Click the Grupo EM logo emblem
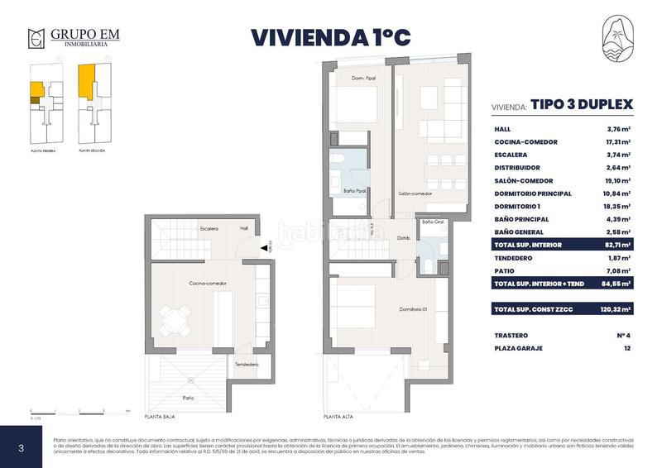(36, 38)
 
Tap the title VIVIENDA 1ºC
(330, 37)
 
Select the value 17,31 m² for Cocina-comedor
(617, 142)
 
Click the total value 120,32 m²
(614, 308)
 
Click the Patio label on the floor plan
(189, 398)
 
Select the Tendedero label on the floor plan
(247, 365)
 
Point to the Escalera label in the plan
(208, 228)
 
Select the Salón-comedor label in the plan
(415, 193)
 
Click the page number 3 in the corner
(21, 447)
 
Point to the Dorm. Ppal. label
(363, 78)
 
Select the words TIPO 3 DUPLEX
(582, 105)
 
